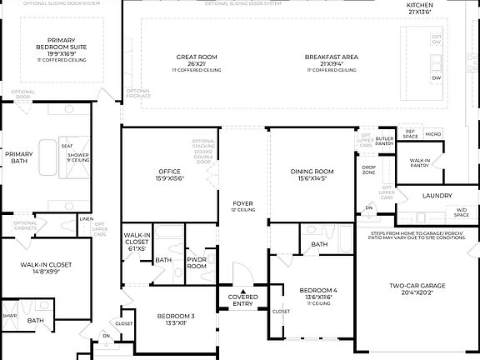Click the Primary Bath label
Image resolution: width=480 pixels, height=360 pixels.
[18, 158]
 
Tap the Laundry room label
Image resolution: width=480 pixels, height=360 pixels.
[437, 196]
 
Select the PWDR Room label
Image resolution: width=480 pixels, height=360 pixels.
[197, 263]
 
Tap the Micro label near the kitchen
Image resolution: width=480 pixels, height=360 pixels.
[432, 133]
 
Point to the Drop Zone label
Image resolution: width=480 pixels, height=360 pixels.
[368, 170]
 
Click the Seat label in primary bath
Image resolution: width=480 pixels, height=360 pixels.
[66, 147]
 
